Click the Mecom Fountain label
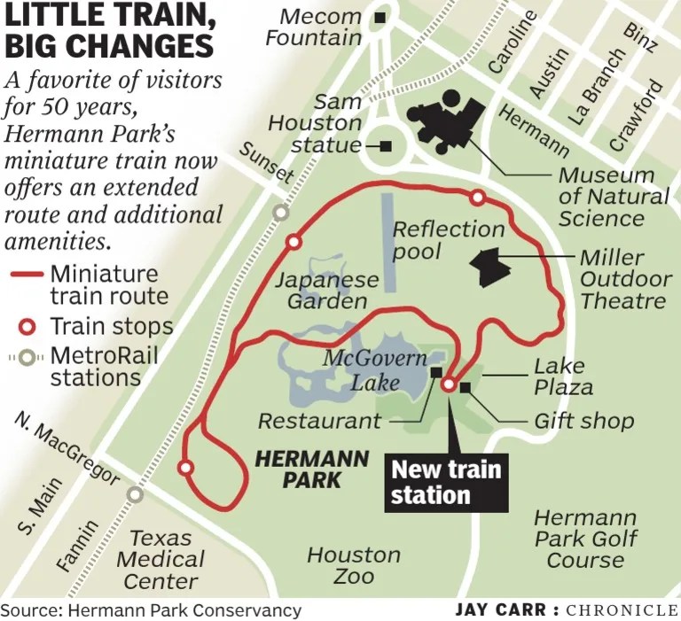pyautogui.click(x=314, y=27)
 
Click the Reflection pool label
pyautogui.click(x=448, y=240)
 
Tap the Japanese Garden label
pyautogui.click(x=326, y=291)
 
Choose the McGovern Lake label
pyautogui.click(x=373, y=370)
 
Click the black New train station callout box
pyautogui.click(x=447, y=482)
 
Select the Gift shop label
pyautogui.click(x=583, y=420)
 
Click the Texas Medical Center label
pyautogui.click(x=160, y=559)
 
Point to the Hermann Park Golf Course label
pyautogui.click(x=584, y=538)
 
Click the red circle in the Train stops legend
pyautogui.click(x=27, y=326)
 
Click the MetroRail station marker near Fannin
pyautogui.click(x=134, y=494)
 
